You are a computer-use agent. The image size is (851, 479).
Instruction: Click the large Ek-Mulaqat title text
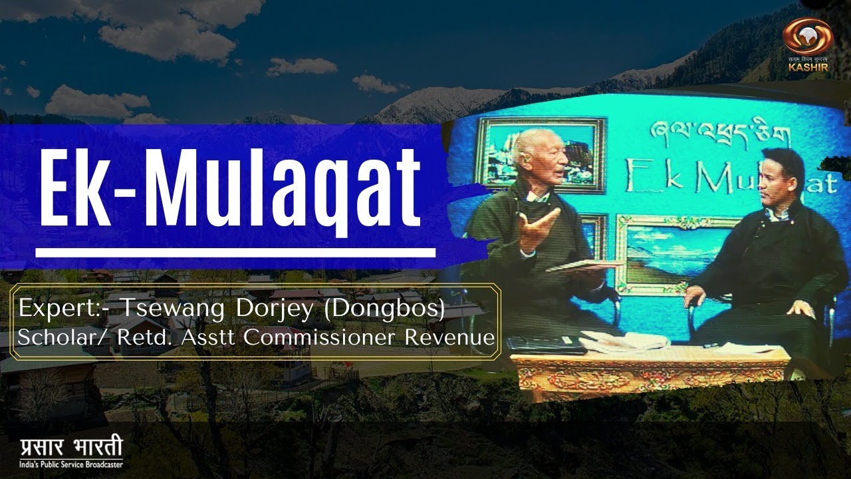229,188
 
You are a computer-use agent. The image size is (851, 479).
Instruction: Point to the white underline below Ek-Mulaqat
235,253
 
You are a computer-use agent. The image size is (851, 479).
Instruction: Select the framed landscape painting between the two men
665,253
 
